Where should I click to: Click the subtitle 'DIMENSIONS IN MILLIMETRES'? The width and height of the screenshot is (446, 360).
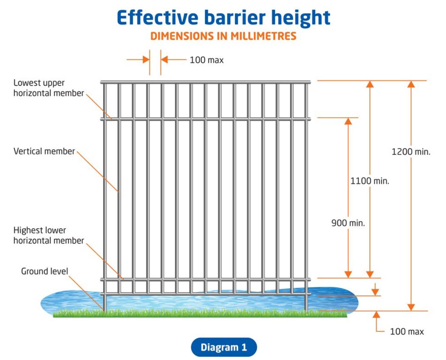223,36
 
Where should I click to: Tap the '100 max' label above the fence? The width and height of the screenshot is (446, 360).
207,60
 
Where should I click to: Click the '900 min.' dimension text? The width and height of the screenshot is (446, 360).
348,223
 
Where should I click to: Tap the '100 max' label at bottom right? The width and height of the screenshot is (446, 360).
407,331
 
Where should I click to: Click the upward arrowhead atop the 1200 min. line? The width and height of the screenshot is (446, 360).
411,84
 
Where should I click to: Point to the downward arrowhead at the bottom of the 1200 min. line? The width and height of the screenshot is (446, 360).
411,307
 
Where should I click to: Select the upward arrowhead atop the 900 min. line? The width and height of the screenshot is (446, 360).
348,122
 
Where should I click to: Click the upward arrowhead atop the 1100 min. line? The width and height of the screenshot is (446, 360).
370,84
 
